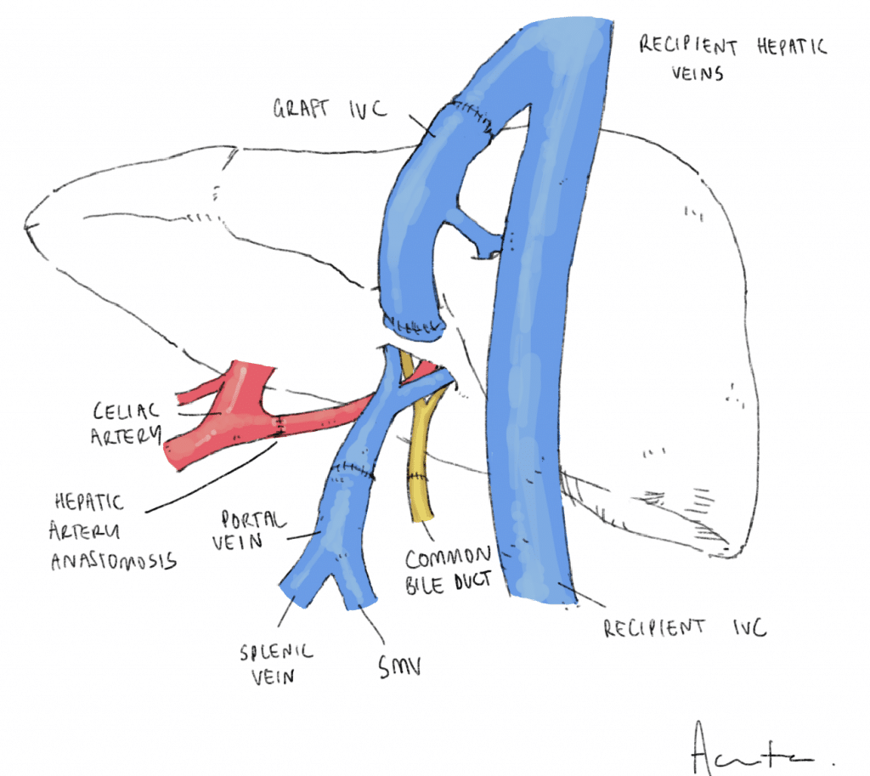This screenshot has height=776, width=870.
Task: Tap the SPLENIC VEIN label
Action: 275,663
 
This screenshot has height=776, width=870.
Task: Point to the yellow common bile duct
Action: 421,467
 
